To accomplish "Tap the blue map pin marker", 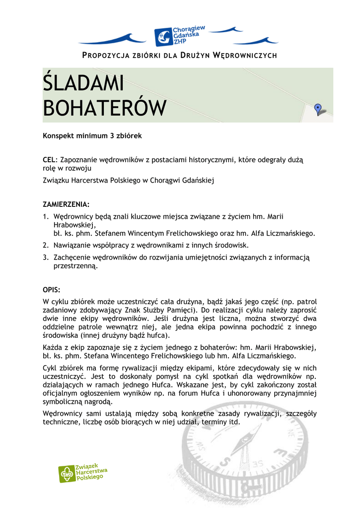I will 318,109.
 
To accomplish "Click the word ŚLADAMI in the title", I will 83,83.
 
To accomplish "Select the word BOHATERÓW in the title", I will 104,108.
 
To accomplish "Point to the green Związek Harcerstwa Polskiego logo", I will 83,473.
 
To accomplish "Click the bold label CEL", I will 50,160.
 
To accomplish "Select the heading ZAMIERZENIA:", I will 66,204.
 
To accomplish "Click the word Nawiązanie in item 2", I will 72,245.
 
